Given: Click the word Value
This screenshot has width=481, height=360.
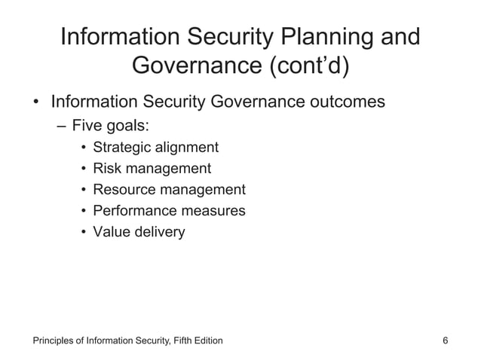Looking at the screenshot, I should pyautogui.click(x=111, y=232).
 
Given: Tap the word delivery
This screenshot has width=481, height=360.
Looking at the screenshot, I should pyautogui.click(x=158, y=232).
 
